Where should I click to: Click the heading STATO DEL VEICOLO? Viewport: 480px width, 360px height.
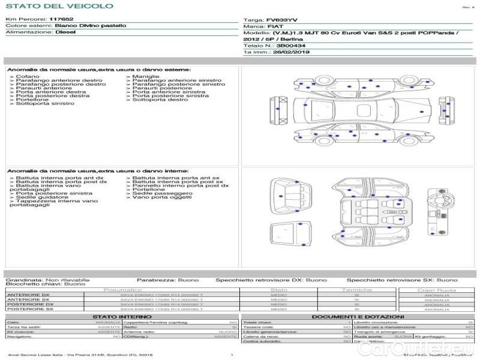[x=59, y=6]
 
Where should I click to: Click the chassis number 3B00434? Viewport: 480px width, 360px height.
[x=290, y=45]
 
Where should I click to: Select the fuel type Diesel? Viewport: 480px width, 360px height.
[x=65, y=32]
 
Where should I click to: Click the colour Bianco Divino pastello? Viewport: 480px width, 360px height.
[x=90, y=26]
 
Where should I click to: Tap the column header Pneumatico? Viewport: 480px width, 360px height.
[x=122, y=290]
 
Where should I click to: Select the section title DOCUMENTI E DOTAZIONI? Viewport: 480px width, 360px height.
[x=358, y=317]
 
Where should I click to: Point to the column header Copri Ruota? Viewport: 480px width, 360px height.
[x=436, y=290]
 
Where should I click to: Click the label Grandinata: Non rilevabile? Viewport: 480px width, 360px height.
[x=47, y=280]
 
